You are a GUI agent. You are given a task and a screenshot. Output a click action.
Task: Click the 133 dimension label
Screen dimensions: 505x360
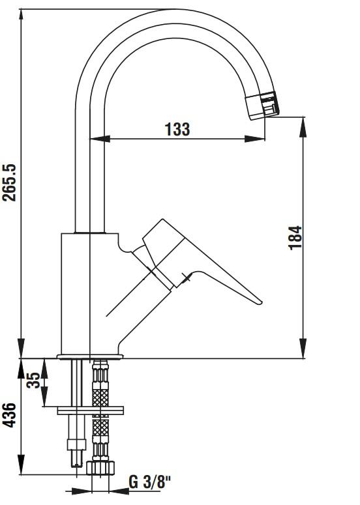coord(177,129)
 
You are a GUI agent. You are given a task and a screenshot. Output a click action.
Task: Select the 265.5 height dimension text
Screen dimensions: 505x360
coord(10,182)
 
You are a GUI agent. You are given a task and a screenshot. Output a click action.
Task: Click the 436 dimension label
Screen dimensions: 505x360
coord(10,415)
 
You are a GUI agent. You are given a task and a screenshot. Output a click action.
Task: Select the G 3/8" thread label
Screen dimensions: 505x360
coord(150,483)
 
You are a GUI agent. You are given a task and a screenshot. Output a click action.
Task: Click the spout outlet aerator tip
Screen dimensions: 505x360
coord(263,106)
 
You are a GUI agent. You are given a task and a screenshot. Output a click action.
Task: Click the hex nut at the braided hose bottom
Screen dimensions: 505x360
coord(100,468)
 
